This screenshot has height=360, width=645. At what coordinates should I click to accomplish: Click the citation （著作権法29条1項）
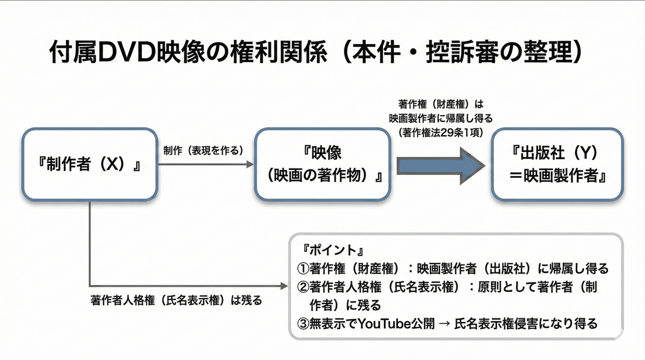tap(441, 129)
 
